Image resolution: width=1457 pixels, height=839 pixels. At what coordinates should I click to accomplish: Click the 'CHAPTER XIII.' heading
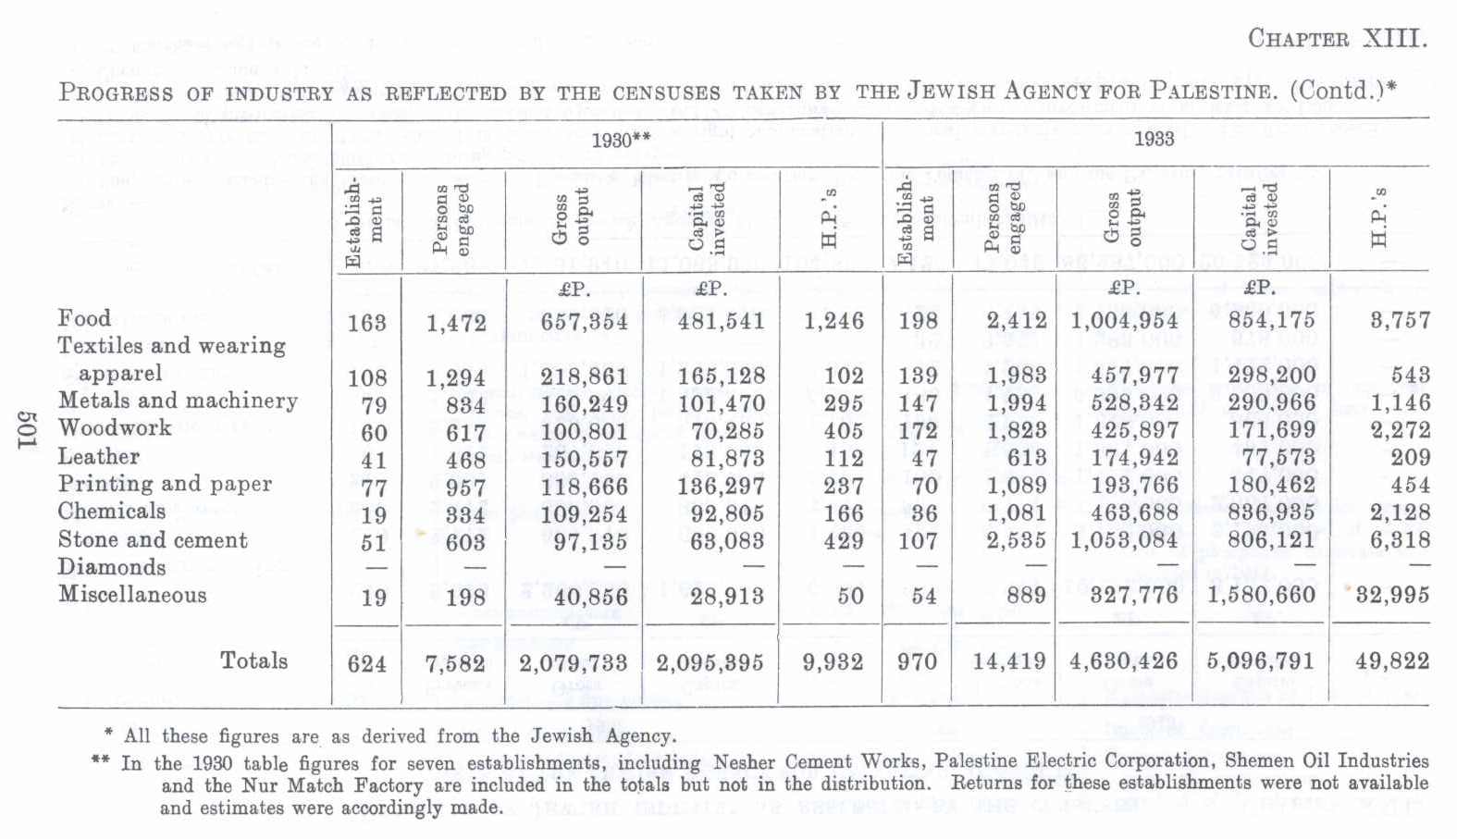pyautogui.click(x=1337, y=39)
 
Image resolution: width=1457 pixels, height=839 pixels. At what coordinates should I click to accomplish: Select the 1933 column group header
pyautogui.click(x=1154, y=140)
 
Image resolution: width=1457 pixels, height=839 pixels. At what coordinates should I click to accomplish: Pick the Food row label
pyautogui.click(x=84, y=318)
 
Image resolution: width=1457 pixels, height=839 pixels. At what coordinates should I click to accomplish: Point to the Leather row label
pyautogui.click(x=98, y=456)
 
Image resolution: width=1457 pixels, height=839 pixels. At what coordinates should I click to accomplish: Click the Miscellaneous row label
pyautogui.click(x=132, y=594)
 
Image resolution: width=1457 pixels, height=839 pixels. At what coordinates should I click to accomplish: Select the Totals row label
pyautogui.click(x=253, y=660)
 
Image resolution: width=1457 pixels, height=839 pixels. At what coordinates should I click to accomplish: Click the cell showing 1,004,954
pyautogui.click(x=1124, y=321)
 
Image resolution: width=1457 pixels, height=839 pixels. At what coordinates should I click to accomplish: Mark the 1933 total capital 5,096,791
pyautogui.click(x=1261, y=662)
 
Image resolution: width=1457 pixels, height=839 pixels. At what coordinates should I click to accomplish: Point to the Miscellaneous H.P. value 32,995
pyautogui.click(x=1392, y=596)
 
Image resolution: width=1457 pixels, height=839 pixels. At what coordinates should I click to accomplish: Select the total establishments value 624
pyautogui.click(x=367, y=663)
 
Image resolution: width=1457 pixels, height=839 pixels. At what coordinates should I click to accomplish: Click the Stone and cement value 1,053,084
pyautogui.click(x=1124, y=540)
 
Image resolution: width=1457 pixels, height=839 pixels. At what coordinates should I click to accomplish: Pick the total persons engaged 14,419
pyautogui.click(x=1009, y=662)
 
